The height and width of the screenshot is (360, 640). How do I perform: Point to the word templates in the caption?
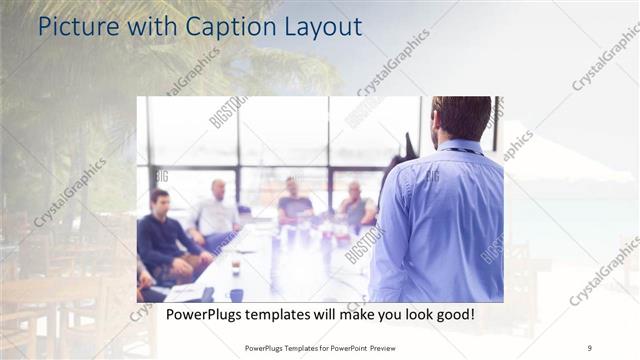tap(282, 316)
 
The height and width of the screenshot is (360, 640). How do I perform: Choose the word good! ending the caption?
tap(451, 316)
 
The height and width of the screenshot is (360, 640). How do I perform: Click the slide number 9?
tap(590, 347)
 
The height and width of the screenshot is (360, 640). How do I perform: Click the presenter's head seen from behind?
tap(461, 118)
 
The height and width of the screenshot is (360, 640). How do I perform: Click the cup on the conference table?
tap(236, 264)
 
